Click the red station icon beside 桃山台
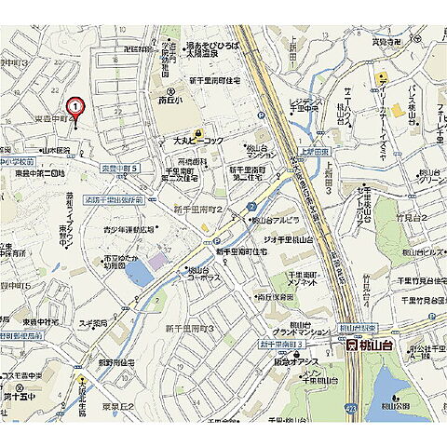pos(351,345)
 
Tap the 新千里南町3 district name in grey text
pos(190,329)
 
